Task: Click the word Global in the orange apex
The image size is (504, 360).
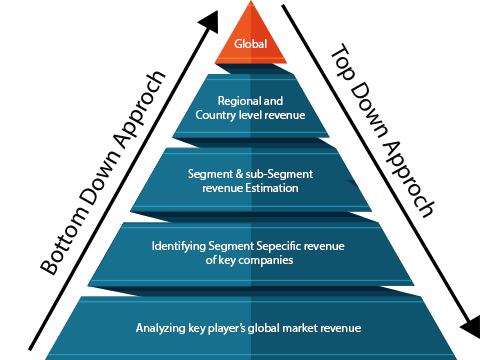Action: tap(250, 45)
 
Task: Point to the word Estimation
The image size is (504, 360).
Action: tap(271, 187)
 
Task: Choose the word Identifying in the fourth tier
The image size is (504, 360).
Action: tap(178, 245)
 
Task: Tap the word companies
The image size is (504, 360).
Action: tap(264, 259)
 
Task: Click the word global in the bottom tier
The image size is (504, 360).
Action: tap(267, 327)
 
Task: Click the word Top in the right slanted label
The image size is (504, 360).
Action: tap(342, 62)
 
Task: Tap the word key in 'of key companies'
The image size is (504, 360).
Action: tap(227, 259)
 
